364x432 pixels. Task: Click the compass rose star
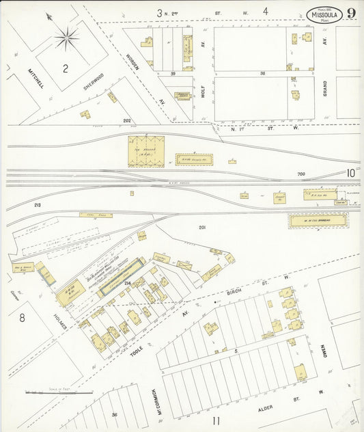click(x=66, y=38)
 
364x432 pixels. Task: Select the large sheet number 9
click(x=350, y=13)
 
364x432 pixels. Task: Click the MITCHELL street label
click(x=36, y=77)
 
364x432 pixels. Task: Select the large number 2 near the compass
click(x=66, y=68)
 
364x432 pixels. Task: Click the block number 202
click(x=126, y=120)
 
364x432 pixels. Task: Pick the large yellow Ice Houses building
click(x=146, y=151)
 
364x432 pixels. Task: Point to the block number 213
click(x=37, y=204)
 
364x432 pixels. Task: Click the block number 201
click(x=202, y=227)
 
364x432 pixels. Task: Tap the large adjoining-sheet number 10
click(x=350, y=174)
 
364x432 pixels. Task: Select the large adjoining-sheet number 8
click(x=22, y=317)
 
